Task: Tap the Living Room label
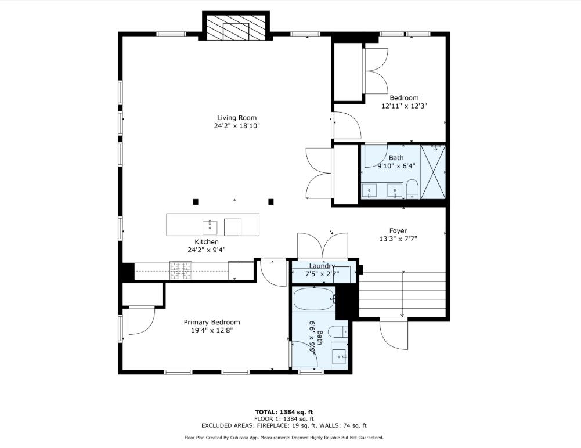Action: (x=237, y=118)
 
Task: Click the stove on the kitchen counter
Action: (x=181, y=269)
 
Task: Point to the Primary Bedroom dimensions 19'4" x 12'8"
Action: (x=212, y=330)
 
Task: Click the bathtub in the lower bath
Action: (x=313, y=300)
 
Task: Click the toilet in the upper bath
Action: (x=412, y=189)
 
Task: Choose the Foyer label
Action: (x=398, y=230)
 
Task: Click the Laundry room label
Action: (x=322, y=266)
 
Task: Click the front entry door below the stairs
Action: (x=394, y=334)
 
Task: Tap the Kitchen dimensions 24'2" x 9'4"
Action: (x=207, y=250)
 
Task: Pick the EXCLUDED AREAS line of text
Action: (x=284, y=425)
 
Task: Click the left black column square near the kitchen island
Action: (x=196, y=202)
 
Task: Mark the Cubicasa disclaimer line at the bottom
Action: (x=284, y=438)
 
